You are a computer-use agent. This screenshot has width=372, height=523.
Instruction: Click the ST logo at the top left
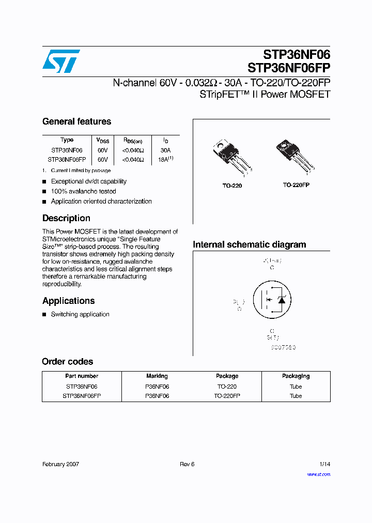click(x=61, y=61)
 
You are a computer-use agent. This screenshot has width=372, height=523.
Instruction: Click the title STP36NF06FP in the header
click(x=289, y=68)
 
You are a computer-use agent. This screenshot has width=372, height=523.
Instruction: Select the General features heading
click(x=76, y=121)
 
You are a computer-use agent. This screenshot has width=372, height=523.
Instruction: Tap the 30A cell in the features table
click(x=165, y=150)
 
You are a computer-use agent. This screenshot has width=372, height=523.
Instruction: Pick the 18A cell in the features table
click(x=165, y=160)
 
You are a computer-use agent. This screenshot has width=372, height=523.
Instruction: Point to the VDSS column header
click(x=103, y=140)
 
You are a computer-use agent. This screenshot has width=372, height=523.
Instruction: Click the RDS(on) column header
click(x=136, y=140)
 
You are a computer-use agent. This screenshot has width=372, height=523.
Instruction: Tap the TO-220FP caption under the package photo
click(x=296, y=184)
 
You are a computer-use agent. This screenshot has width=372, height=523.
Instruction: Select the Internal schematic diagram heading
click(x=249, y=244)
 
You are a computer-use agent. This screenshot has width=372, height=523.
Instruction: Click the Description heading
click(x=66, y=218)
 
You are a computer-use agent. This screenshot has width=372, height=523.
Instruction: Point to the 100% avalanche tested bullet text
click(x=83, y=191)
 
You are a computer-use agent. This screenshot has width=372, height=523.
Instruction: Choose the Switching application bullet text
click(x=80, y=314)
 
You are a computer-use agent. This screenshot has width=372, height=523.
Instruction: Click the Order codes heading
click(x=67, y=361)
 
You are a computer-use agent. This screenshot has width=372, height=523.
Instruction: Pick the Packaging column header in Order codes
click(x=296, y=376)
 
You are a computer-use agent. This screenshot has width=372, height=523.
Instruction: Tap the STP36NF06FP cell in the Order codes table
click(x=82, y=396)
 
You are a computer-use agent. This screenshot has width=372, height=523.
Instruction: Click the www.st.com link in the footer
click(x=318, y=474)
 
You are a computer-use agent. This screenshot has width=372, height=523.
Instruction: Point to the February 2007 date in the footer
click(x=60, y=464)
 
